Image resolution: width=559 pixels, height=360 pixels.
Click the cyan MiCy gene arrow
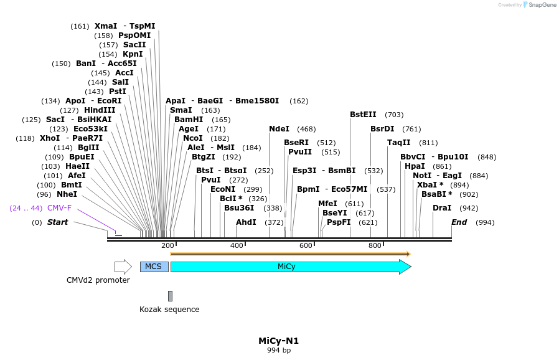click(290, 267)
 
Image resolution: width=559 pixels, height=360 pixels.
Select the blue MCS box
click(154, 267)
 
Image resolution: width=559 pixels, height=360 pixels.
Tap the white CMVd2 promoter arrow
click(123, 267)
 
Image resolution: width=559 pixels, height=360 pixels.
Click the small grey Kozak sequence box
click(170, 296)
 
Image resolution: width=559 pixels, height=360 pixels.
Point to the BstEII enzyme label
click(363, 114)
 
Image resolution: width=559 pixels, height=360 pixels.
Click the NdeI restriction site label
click(279, 129)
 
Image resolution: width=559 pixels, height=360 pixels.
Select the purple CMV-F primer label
click(59, 208)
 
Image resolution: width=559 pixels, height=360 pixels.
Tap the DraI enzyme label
click(442, 208)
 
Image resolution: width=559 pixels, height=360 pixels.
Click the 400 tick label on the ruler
click(237, 246)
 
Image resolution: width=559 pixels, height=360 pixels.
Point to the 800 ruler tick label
click(375, 246)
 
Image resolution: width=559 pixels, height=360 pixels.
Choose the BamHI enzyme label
click(189, 120)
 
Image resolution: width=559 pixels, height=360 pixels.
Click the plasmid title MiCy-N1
click(279, 341)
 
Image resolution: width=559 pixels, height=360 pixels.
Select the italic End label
click(459, 222)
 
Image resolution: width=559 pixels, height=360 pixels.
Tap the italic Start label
click(58, 222)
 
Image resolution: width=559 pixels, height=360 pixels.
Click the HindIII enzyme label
click(100, 110)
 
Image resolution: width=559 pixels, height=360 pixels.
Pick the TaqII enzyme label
click(399, 143)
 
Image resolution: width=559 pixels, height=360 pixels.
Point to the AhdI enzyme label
click(246, 222)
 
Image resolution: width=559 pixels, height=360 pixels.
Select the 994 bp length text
click(279, 351)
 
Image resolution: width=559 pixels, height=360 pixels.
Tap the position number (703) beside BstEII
click(394, 115)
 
